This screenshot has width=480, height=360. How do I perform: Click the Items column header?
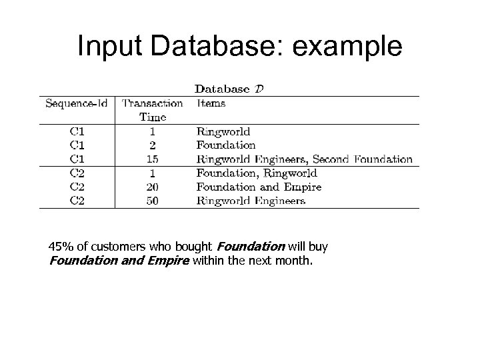tap(211, 103)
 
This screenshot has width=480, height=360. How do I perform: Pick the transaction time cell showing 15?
tap(152, 159)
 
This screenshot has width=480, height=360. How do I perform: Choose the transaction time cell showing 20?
tap(152, 187)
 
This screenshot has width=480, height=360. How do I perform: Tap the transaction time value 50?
tap(152, 200)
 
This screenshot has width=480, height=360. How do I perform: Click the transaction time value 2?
tap(152, 145)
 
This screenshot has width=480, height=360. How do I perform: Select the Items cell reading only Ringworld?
tap(223, 131)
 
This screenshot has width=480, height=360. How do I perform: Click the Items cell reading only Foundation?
tap(226, 145)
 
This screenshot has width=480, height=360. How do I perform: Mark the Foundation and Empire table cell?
tap(259, 187)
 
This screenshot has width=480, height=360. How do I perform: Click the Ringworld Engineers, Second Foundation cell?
tap(304, 159)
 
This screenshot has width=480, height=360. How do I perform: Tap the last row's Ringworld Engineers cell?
tap(251, 200)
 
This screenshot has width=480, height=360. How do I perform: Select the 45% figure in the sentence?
tap(61, 247)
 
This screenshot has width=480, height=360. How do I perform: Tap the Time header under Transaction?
tap(152, 117)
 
